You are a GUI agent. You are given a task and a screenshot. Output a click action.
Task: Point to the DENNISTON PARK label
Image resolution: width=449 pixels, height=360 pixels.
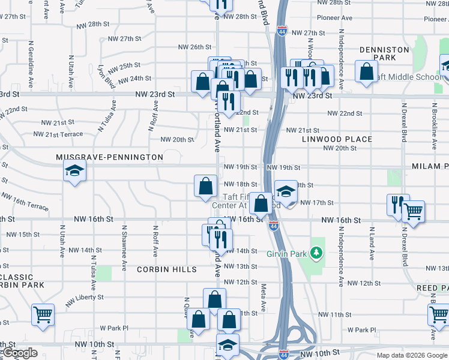pos(384,53)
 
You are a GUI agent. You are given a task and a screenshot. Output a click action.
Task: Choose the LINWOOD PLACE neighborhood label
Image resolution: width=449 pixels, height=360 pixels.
pos(337,139)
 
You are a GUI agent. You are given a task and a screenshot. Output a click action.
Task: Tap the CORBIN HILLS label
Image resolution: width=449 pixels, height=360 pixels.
pos(166,269)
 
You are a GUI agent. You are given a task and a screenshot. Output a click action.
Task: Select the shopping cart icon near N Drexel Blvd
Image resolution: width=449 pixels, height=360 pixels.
pos(412,211)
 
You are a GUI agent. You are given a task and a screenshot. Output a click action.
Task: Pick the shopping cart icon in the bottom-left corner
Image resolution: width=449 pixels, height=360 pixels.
pos(43,314)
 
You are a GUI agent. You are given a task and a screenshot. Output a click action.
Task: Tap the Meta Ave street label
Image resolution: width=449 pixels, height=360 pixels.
pos(263,298)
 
